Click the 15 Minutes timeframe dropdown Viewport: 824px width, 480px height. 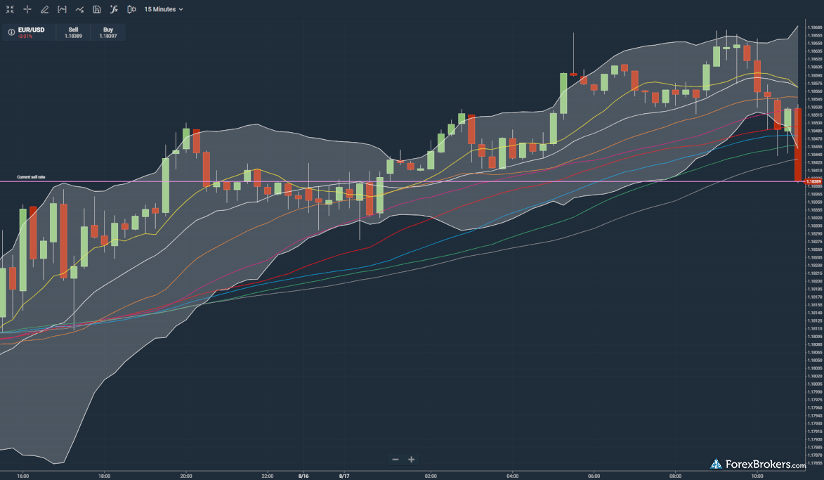pyautogui.click(x=163, y=9)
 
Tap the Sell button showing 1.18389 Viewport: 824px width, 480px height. pyautogui.click(x=73, y=32)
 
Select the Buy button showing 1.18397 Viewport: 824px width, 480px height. pyautogui.click(x=108, y=32)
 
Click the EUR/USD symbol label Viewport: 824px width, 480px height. pyautogui.click(x=32, y=30)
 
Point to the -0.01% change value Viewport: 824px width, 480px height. pyautogui.click(x=25, y=36)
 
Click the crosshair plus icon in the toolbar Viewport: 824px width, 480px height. pyautogui.click(x=27, y=9)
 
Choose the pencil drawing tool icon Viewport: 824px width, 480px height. pyautogui.click(x=44, y=9)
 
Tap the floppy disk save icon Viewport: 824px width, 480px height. pyautogui.click(x=96, y=9)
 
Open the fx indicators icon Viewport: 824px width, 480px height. pyautogui.click(x=113, y=9)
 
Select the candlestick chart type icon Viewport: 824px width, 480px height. pyautogui.click(x=131, y=9)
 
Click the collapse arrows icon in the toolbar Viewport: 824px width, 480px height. pyautogui.click(x=10, y=9)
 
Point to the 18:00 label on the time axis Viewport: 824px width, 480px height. pyautogui.click(x=104, y=475)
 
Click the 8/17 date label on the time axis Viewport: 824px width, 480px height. pyautogui.click(x=344, y=475)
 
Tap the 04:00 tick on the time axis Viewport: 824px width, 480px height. pyautogui.click(x=512, y=475)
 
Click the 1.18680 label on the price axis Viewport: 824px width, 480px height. pyautogui.click(x=815, y=27)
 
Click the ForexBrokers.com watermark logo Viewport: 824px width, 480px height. pyautogui.click(x=759, y=465)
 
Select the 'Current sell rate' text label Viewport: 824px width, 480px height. pyautogui.click(x=31, y=177)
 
